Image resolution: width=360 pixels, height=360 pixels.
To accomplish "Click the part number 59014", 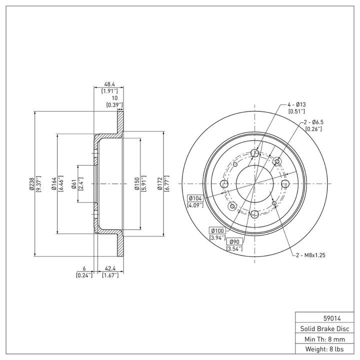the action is point(332,318).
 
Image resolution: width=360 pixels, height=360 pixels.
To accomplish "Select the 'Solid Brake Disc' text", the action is point(324,329).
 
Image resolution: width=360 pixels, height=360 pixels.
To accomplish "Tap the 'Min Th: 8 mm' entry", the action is point(324,339).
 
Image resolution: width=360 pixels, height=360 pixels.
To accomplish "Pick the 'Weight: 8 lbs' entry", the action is point(324,349).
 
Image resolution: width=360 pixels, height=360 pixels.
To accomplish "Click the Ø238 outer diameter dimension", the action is point(31,183).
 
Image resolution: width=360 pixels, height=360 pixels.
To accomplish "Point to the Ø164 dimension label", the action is point(54,183).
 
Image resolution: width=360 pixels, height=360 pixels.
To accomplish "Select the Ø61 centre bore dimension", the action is point(74,184).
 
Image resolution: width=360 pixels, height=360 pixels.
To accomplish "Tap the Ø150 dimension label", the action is point(137,183).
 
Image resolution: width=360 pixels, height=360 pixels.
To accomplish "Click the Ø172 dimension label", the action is point(160,183).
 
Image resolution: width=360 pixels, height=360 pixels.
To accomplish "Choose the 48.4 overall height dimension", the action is point(109,84).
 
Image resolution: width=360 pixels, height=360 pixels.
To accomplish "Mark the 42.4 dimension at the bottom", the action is point(110,268).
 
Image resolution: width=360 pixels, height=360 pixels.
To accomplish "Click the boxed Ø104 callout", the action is point(195,198).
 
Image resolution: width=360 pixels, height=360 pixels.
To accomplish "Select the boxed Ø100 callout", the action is point(217,230).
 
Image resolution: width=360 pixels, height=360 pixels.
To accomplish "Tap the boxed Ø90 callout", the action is point(234,241).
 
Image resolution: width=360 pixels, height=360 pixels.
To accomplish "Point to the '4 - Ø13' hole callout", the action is point(296,104).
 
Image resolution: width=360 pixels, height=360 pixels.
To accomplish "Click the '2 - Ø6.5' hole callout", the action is point(314,122).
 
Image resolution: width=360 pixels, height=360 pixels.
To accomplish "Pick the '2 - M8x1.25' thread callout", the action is point(310,255).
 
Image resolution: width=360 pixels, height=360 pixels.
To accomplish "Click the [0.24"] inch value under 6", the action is point(84,275).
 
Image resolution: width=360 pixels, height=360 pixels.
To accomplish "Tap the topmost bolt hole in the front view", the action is point(255,153).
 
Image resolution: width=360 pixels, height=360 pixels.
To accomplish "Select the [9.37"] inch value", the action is point(38,183).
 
